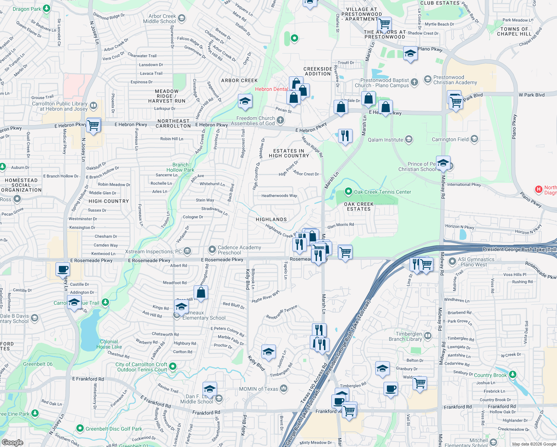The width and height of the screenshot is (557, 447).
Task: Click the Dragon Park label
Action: (27, 9)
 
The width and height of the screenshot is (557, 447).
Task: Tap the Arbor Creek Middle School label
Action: (159, 19)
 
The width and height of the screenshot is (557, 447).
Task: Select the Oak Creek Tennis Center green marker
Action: (348, 192)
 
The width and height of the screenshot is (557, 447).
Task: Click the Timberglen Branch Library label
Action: (405, 336)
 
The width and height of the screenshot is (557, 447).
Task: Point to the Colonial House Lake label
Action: (109, 344)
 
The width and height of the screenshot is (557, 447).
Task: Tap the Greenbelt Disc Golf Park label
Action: (114, 429)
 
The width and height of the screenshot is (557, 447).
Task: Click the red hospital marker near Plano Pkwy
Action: (538, 189)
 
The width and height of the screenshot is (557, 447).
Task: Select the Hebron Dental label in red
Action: (271, 89)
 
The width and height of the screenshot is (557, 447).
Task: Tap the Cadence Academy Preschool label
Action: (239, 250)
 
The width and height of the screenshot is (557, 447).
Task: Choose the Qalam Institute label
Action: (385, 140)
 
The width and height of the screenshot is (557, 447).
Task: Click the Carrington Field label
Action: (450, 139)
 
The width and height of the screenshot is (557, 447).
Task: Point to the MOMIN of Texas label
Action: (258, 389)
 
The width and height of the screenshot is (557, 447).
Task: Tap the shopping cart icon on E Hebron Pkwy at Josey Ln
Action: (93, 125)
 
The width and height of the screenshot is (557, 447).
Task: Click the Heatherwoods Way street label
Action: (279, 196)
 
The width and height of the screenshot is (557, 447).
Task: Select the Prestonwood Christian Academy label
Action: (455, 80)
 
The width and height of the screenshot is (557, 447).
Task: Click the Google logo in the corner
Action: (12, 443)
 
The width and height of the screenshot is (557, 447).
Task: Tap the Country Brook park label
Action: (490, 375)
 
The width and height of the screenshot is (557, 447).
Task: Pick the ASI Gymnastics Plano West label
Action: (476, 262)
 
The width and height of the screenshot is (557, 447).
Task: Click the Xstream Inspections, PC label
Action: (153, 251)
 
